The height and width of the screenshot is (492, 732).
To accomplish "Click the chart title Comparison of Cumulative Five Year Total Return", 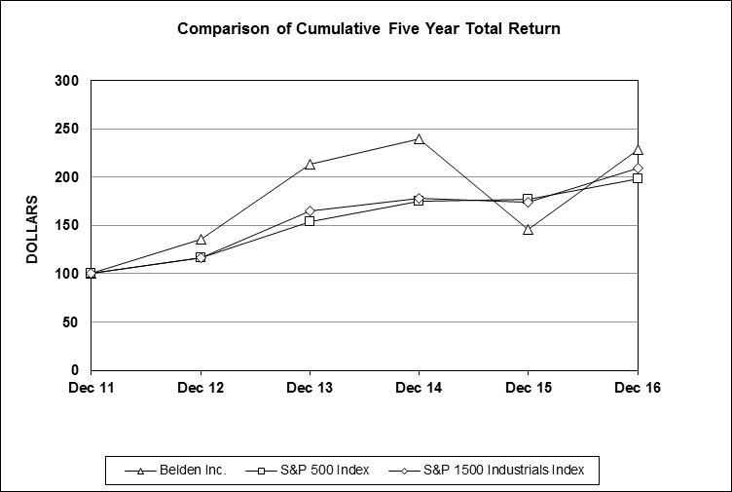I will [x=368, y=28].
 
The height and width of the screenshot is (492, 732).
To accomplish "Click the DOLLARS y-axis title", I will [x=31, y=229].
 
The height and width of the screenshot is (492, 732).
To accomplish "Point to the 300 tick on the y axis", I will [x=66, y=80].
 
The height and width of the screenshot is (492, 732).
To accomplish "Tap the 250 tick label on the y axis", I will [x=66, y=129].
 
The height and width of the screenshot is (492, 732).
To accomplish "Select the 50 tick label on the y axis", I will [x=70, y=322].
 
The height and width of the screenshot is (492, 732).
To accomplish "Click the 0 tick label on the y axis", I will [x=74, y=370].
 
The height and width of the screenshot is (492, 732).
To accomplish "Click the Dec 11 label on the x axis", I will [x=91, y=389].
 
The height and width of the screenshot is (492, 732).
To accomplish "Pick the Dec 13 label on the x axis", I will [x=310, y=389].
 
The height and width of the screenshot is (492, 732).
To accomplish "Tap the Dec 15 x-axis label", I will [x=528, y=389].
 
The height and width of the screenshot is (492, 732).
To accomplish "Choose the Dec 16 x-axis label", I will [x=637, y=389].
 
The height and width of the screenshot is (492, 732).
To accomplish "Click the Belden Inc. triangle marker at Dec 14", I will [x=419, y=139].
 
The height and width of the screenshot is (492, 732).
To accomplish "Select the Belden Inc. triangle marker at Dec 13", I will [x=310, y=165].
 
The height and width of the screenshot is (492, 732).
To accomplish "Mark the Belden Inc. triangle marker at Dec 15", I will [x=528, y=230].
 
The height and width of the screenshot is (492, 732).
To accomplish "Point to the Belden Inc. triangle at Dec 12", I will [x=201, y=240].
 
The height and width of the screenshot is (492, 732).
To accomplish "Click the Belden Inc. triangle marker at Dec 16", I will [x=638, y=150].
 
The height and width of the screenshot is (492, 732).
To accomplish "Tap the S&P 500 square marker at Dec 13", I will [x=310, y=221].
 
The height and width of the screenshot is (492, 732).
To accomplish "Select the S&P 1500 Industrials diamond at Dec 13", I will [x=310, y=211].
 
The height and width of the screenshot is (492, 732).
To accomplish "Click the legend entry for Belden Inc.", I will [x=176, y=471].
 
